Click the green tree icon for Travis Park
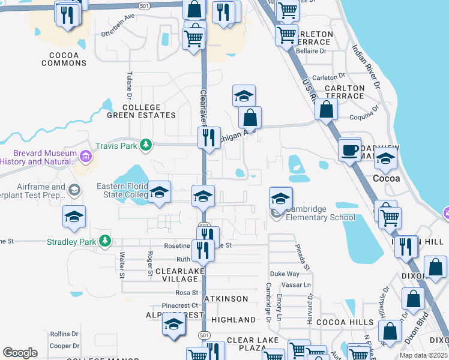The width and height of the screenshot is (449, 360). pos(145,145)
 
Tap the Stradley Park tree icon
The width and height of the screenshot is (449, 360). pos(105,241)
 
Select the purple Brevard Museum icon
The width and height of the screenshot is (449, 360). pos(86,157)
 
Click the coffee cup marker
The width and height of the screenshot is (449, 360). pos(349,150)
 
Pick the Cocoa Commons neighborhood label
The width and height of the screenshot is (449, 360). pos(60,58)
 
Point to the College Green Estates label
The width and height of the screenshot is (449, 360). pos(141,111)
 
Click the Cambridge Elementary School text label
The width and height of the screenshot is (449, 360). pos(320,214)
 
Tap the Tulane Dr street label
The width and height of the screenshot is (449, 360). pos(129,85)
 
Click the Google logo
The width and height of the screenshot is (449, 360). pos(20,352)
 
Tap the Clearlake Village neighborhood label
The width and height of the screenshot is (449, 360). pos(181,275)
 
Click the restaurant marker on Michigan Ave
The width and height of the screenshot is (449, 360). pos(209,137)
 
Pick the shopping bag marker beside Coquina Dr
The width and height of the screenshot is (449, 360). pos(326,110)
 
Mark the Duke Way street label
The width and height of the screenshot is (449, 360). pos(285,274)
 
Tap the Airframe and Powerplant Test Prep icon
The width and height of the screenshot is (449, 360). pos(73,190)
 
